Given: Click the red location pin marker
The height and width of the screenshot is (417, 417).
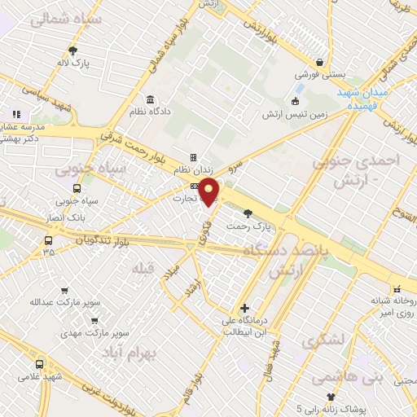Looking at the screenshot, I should (209, 191).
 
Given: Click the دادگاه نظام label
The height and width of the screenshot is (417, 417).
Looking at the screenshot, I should (153, 111).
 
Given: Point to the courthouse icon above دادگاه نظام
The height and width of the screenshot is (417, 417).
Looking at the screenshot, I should (152, 99).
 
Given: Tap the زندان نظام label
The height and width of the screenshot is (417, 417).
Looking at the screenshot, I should (192, 170).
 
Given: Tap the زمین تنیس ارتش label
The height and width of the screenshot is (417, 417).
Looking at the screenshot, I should (294, 114).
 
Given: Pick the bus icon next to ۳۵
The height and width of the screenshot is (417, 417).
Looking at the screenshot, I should (49, 240).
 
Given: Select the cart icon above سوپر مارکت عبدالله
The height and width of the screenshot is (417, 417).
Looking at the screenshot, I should (64, 290).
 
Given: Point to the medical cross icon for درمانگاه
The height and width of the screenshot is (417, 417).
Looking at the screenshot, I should (244, 308).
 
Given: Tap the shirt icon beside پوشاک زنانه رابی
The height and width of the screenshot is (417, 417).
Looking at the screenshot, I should (331, 397).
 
